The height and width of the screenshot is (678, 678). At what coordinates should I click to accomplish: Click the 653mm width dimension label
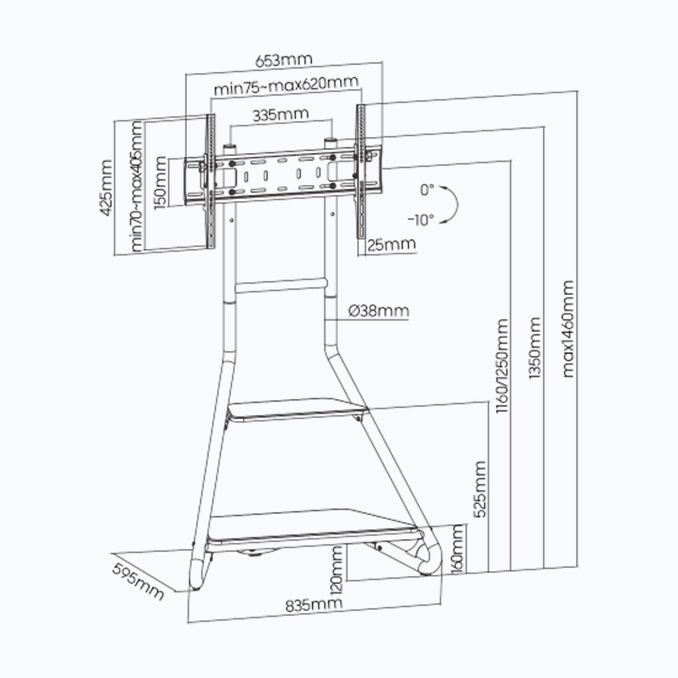click(283, 60)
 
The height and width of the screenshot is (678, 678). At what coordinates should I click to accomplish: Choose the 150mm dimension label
click(160, 182)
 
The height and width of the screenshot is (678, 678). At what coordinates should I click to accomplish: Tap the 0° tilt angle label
click(427, 190)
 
